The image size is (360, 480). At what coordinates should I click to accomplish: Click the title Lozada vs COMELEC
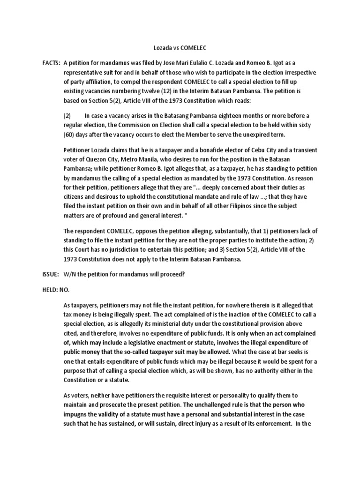pos(180,48)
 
